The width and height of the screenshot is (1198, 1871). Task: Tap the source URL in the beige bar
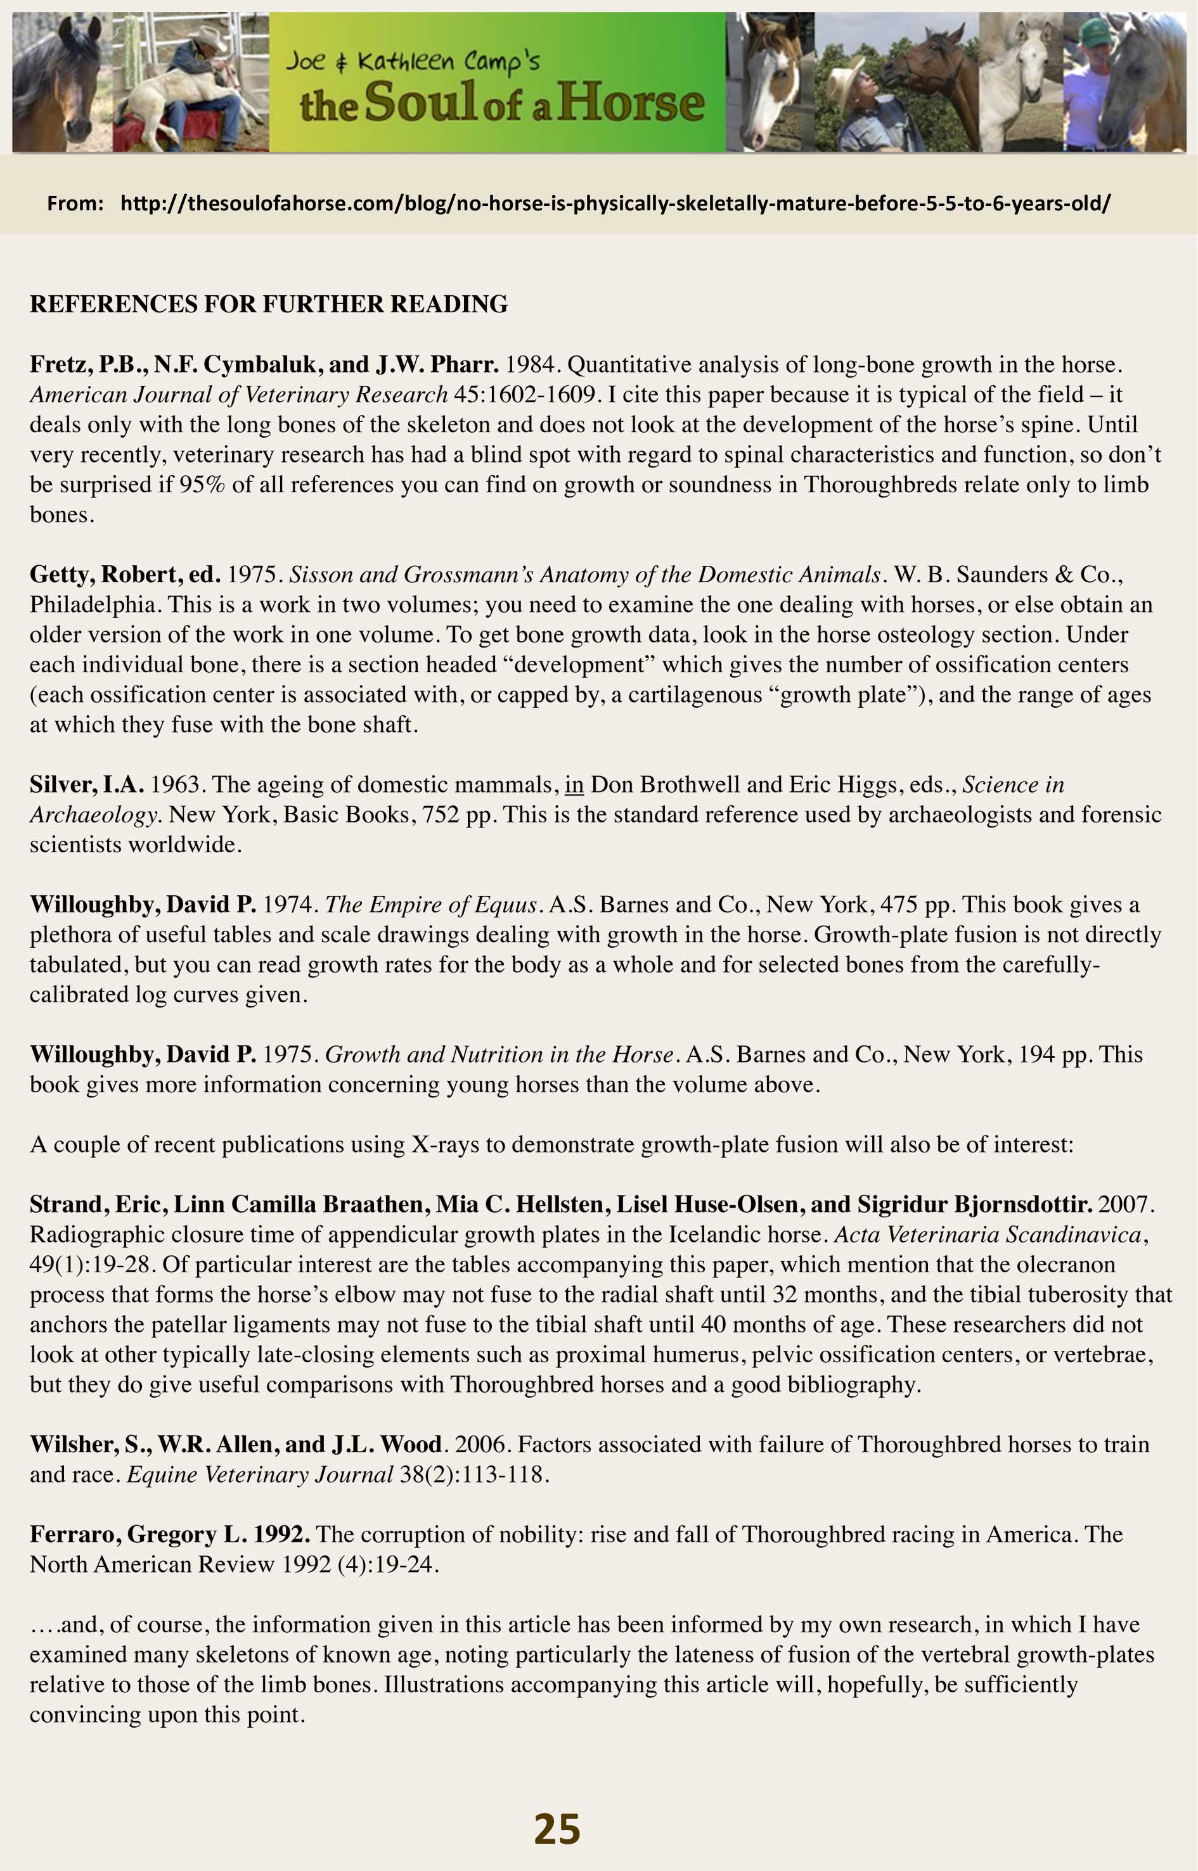pos(615,204)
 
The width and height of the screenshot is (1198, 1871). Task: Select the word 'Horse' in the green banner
pos(631,104)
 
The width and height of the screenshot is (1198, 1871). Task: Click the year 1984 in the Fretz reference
pos(534,365)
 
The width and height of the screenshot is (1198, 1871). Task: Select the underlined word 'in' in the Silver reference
pos(574,784)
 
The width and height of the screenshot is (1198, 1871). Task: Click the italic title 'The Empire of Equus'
pos(431,904)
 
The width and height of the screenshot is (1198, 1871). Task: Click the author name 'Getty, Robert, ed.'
pos(124,575)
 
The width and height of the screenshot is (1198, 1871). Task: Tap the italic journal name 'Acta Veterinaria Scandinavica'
pos(988,1234)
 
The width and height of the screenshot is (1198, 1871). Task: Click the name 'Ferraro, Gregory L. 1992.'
pos(170,1535)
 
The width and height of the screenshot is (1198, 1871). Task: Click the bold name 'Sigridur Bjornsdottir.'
pos(975,1204)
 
